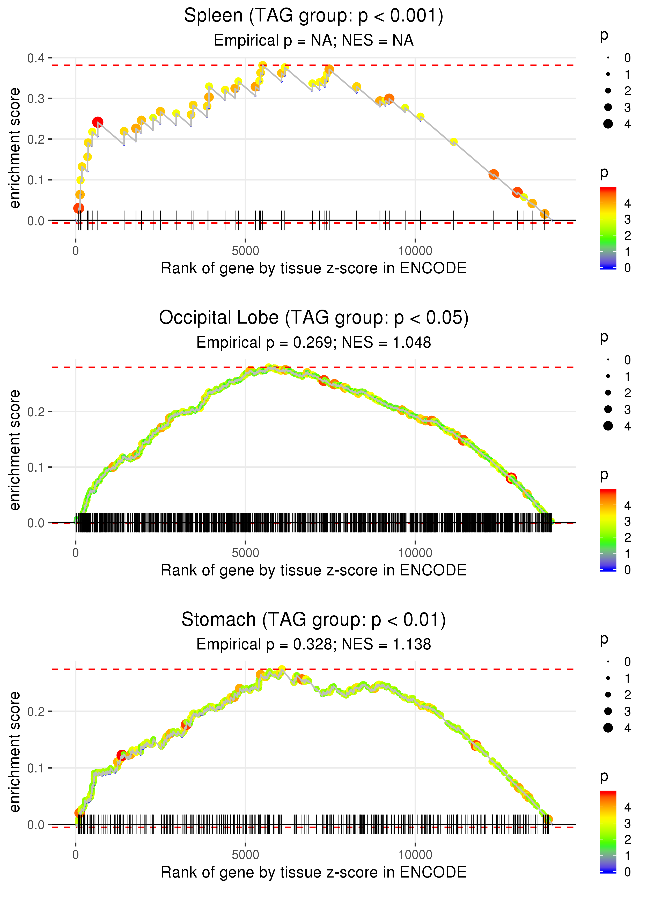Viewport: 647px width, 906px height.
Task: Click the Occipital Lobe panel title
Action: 314,318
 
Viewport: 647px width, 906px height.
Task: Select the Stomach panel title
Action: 314,619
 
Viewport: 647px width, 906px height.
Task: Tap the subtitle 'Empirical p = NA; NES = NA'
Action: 314,40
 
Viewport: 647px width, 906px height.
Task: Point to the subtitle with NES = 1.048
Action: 314,342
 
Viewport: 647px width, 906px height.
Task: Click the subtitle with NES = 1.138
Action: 314,644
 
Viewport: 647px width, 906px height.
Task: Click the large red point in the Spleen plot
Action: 98,122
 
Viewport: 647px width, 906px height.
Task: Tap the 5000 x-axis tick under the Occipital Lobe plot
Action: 245,553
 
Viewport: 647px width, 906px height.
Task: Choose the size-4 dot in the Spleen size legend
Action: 608,124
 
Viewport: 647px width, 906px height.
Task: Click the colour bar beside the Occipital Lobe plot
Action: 608,530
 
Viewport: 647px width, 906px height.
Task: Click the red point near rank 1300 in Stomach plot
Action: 122,755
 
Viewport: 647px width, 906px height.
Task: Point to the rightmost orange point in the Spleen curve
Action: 545,214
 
